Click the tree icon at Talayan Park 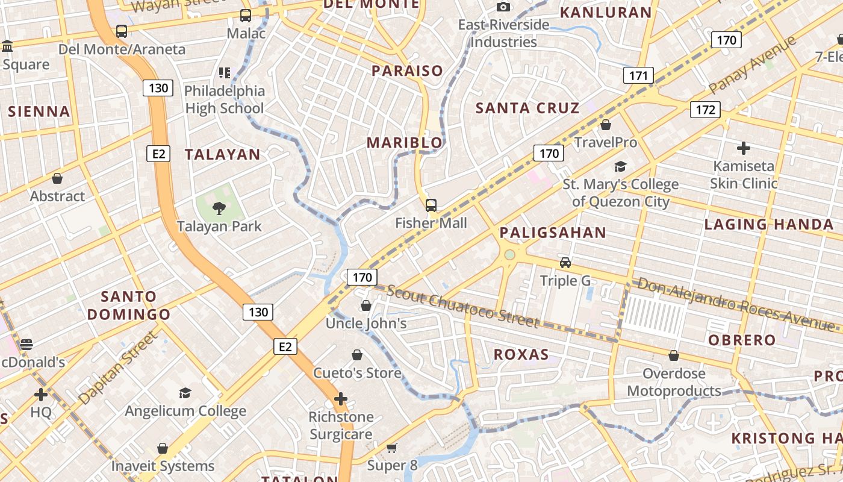click(219, 208)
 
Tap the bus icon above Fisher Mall click(431, 205)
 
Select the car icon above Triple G click(565, 263)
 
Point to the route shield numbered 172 click(705, 109)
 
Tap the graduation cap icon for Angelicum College click(185, 393)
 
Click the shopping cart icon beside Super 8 click(391, 448)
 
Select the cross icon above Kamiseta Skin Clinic click(744, 148)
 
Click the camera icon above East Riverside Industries click(503, 7)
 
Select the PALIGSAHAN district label click(553, 233)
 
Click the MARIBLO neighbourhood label click(405, 143)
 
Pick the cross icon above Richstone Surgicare click(341, 399)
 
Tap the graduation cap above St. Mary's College click(620, 166)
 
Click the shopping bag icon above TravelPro click(606, 125)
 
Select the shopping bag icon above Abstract click(57, 178)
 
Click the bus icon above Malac click(245, 16)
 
